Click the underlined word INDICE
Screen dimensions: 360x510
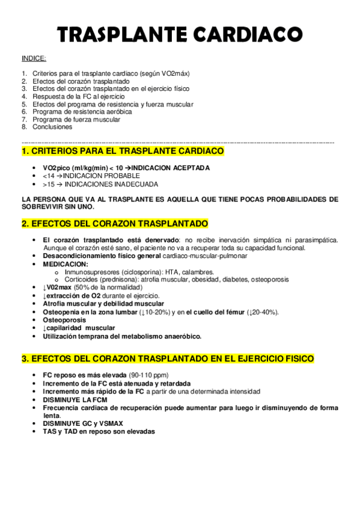[x=34, y=59]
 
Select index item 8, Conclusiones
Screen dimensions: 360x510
[x=52, y=127]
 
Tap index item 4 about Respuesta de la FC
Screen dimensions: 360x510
[x=78, y=96]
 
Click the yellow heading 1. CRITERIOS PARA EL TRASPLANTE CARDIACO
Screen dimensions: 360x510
[x=123, y=150]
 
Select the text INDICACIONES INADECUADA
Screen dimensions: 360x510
[x=112, y=184]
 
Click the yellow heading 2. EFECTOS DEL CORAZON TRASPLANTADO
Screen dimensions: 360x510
[x=114, y=223]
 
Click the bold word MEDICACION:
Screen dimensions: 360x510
[x=66, y=263]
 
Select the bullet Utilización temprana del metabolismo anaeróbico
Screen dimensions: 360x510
[x=123, y=336]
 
